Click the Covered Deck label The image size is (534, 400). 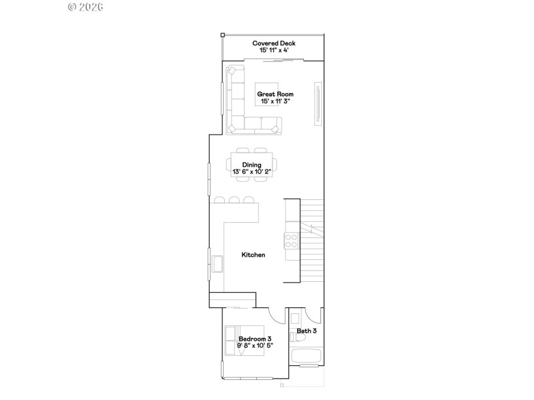tap(274, 43)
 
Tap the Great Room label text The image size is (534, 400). tap(275, 95)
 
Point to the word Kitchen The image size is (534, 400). tap(254, 255)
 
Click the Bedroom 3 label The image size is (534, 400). tap(255, 339)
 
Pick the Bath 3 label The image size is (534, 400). tap(306, 331)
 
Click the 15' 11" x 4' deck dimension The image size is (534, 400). tap(274, 51)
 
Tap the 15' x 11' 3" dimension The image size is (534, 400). tap(275, 102)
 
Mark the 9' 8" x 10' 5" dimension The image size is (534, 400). tap(255, 346)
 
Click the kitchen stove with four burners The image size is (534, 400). tap(292, 240)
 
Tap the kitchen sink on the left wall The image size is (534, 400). tap(217, 264)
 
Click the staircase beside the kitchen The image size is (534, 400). tap(311, 240)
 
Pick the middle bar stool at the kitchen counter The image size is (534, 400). tap(234, 199)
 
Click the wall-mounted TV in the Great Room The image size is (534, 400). tap(319, 103)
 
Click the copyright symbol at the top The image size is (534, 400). tap(73, 8)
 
